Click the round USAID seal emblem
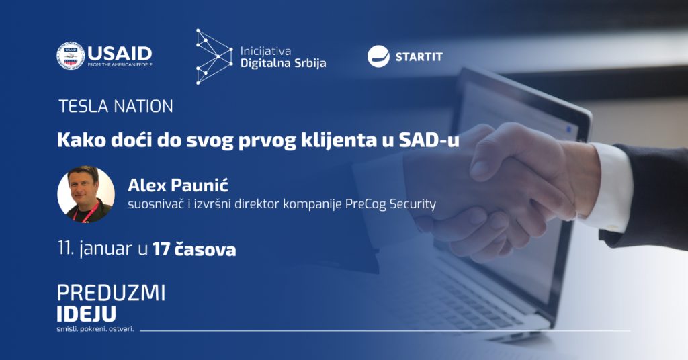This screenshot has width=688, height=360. (x=70, y=56)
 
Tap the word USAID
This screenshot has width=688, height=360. (x=120, y=54)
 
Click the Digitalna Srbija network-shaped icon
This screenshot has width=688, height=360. (x=214, y=56)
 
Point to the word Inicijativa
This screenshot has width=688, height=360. (x=265, y=51)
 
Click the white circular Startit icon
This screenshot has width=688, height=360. (x=378, y=56)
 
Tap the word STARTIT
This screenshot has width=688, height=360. (x=419, y=57)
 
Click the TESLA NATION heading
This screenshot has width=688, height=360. (x=116, y=107)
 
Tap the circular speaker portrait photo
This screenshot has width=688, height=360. (x=86, y=194)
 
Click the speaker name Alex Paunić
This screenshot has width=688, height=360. (x=178, y=185)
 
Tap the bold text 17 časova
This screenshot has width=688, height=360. (x=194, y=249)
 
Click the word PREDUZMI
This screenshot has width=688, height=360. (x=111, y=294)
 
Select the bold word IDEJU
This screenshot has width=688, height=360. (x=87, y=314)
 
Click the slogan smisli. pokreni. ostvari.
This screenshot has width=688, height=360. (x=95, y=329)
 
